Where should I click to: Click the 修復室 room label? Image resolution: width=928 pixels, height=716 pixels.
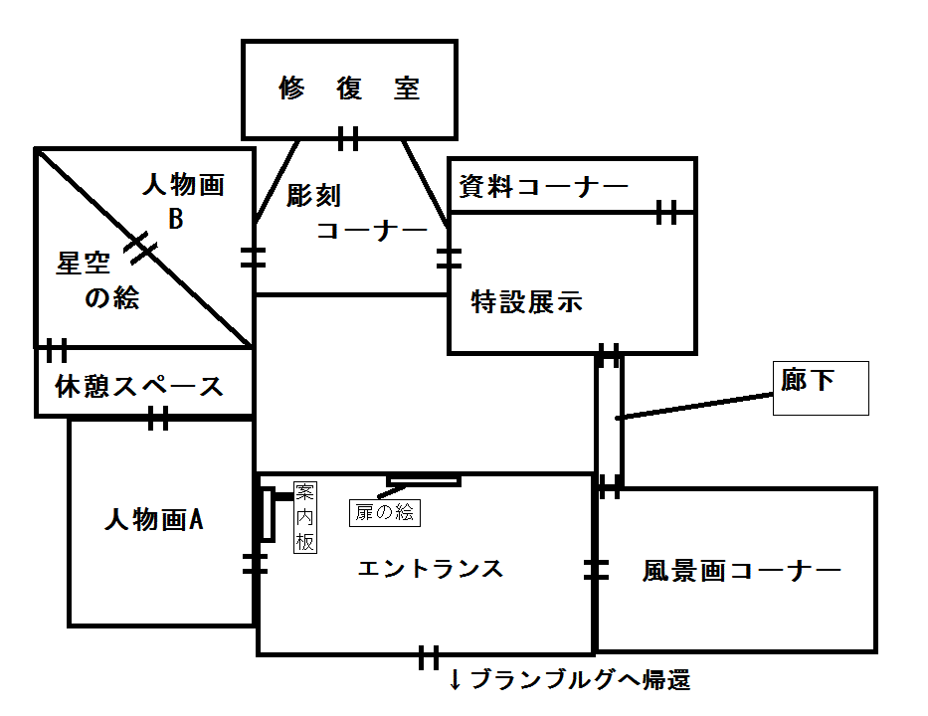(349, 89)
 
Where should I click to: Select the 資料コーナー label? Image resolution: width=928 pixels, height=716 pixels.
(543, 186)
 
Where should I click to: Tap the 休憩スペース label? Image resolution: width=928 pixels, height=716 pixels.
(139, 386)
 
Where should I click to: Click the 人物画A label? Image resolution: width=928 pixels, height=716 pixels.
(154, 519)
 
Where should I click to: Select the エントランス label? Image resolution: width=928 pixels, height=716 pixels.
(430, 569)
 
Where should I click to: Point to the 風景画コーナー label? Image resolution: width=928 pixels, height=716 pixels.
(742, 571)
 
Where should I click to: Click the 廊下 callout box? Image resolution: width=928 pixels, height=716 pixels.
(820, 388)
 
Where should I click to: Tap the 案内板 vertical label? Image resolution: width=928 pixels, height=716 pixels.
(304, 517)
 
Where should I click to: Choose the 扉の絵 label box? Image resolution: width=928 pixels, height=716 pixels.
(385, 513)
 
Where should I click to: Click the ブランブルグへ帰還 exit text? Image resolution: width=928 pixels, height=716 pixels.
(569, 681)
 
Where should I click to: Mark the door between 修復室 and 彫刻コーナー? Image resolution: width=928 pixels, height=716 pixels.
(348, 138)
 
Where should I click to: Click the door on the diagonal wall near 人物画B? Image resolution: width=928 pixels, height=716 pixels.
(142, 247)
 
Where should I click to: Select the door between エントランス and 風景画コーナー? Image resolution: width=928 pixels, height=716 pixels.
(595, 569)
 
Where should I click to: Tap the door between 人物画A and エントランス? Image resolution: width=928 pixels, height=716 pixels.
(256, 565)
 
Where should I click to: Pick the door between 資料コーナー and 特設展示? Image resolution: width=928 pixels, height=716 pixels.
(665, 212)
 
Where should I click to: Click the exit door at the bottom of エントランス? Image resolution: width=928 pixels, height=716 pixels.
(429, 656)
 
